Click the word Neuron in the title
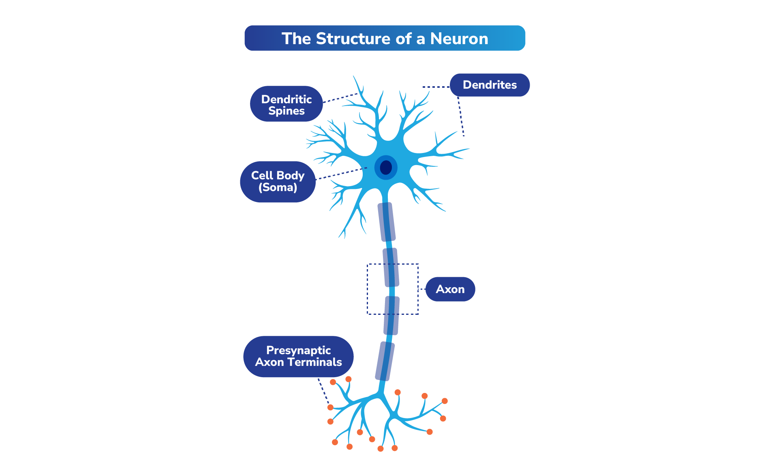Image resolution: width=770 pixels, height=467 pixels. (459, 39)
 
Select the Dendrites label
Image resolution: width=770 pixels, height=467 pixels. (490, 85)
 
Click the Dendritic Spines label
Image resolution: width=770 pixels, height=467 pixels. (286, 104)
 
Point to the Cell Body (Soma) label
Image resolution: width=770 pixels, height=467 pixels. (278, 181)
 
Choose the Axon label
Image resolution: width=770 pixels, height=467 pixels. (450, 289)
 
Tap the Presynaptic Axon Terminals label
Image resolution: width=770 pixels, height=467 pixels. (298, 357)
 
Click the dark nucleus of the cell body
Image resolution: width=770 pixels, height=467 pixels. (386, 167)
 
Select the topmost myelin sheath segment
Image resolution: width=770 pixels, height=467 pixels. (387, 222)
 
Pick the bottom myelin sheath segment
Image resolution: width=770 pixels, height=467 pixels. (385, 361)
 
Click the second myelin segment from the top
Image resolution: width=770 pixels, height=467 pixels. (391, 267)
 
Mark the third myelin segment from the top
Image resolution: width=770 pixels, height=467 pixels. (391, 316)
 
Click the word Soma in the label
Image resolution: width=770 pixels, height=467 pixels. (278, 187)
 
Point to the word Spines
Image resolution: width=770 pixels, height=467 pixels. (286, 111)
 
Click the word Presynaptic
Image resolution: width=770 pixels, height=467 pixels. (298, 350)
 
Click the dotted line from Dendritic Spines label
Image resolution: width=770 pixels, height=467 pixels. (340, 98)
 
